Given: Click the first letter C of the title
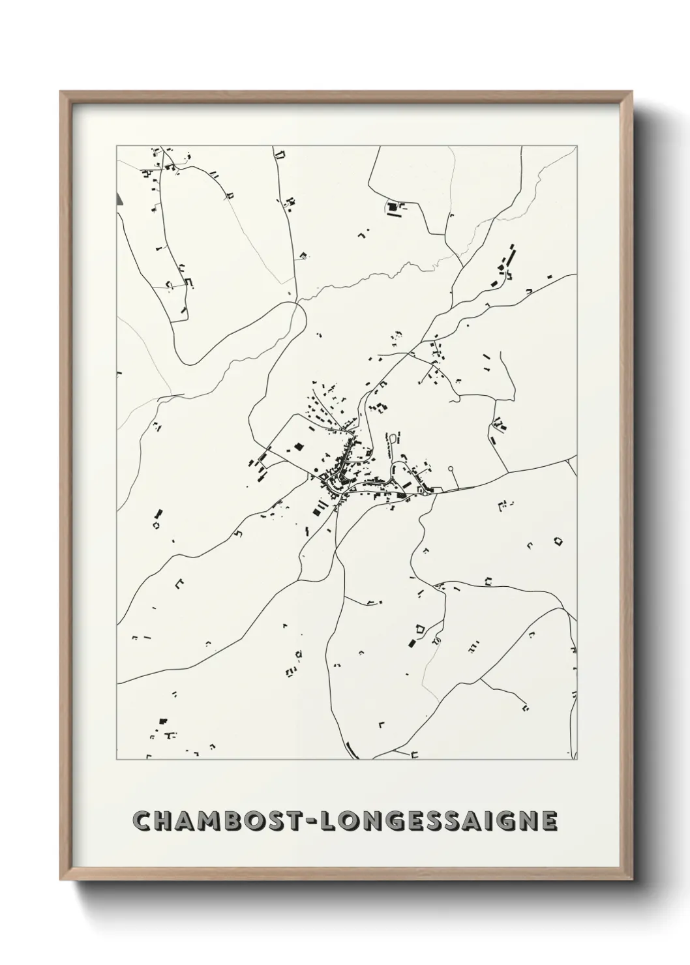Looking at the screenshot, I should (x=142, y=822).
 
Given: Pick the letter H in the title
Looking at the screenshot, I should (x=164, y=822).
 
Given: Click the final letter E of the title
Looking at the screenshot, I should (x=550, y=822).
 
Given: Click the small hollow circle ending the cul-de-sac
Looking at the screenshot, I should (x=451, y=468).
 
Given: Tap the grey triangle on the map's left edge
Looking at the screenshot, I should (x=119, y=199).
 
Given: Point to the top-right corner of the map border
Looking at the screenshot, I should (x=577, y=145).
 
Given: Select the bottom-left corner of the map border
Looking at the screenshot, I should (x=117, y=760).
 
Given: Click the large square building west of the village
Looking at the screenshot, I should (x=299, y=447).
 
